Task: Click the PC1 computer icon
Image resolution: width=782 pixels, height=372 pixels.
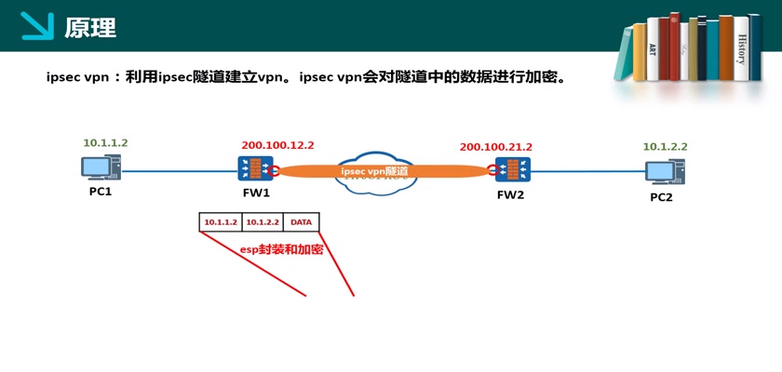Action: click(100, 168)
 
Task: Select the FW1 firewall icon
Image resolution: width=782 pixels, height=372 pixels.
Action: click(255, 168)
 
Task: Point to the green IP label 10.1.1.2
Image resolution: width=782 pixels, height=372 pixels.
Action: click(105, 143)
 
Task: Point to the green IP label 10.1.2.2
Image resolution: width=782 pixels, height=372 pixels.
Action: click(665, 147)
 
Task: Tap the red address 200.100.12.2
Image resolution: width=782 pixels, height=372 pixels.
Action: click(277, 145)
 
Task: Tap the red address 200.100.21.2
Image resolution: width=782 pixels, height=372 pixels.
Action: click(495, 147)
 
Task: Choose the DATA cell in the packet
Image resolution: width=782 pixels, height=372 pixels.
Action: click(302, 222)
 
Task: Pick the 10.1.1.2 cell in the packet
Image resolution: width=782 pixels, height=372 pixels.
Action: click(221, 222)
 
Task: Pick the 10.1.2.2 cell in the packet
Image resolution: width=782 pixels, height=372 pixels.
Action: click(263, 222)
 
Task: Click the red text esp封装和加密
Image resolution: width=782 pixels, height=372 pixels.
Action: click(281, 249)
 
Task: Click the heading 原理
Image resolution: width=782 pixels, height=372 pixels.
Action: click(90, 28)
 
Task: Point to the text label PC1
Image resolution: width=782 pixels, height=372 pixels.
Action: click(101, 193)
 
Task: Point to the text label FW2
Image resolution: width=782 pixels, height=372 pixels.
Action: click(510, 195)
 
